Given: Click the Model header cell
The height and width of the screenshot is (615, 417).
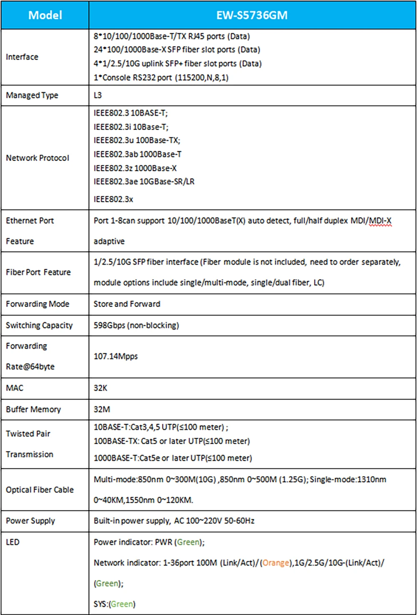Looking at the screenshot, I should (45, 15).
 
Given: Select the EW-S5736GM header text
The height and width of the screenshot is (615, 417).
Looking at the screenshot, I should (252, 15).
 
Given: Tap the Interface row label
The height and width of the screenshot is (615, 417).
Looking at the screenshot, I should (22, 57).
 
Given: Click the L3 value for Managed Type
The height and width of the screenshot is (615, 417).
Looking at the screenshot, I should (98, 95).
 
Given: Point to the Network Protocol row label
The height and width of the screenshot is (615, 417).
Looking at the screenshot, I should (38, 158).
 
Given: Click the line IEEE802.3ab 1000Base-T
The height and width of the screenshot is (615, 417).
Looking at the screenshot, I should (138, 154).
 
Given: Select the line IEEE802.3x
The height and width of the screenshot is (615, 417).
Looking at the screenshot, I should (113, 199).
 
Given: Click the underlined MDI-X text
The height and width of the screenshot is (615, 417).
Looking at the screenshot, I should (380, 220).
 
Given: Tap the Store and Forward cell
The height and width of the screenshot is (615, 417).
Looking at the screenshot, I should (127, 304).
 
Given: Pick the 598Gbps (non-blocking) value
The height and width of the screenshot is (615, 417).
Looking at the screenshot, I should (136, 325).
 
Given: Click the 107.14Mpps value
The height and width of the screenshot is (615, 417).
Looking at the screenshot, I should (116, 356).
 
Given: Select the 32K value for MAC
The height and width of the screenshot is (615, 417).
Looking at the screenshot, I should (100, 388).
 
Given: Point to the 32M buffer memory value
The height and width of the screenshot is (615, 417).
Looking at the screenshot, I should (102, 409).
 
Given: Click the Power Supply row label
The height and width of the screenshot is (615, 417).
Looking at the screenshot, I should (30, 520).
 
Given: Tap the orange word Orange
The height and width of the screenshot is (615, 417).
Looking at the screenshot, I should (276, 562).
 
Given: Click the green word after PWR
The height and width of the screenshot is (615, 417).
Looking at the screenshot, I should (188, 542).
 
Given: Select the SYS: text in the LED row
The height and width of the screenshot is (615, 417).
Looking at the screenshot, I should (101, 604).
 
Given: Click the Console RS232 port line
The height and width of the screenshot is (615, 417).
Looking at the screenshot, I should (161, 77).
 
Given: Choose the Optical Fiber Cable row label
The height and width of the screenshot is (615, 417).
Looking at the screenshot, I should (40, 490).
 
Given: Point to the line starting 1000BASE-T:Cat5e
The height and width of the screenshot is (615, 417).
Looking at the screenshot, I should (173, 458).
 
